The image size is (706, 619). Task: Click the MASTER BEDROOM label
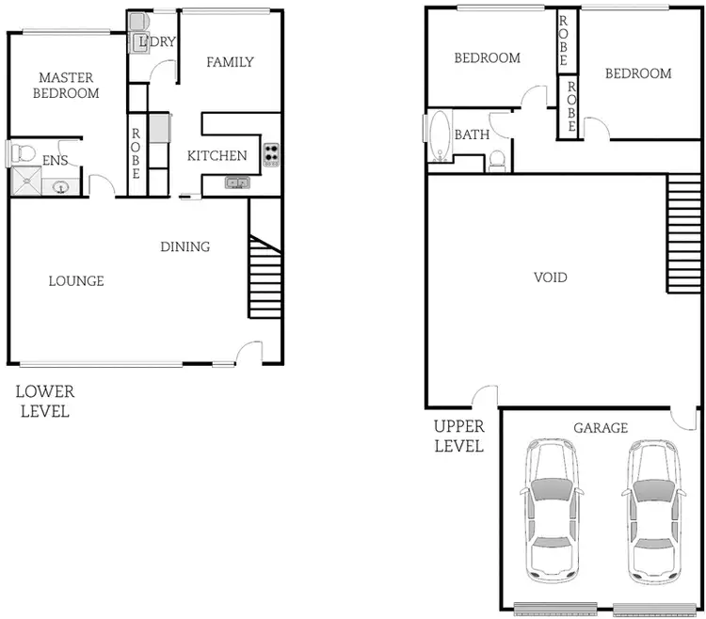pos(66,85)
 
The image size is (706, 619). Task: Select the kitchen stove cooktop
pos(271,155)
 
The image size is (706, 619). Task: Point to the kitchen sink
pos(236,183)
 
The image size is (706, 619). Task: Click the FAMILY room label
pos(230,63)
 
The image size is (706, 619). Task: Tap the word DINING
pos(185,247)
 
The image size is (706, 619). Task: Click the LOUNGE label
pos(76,281)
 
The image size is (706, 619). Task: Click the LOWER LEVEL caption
pos(43,401)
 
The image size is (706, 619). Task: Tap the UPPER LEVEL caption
pos(458,436)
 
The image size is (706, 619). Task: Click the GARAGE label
pos(601,428)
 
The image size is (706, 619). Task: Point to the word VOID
pos(550,278)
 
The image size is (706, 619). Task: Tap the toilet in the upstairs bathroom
pos(498,162)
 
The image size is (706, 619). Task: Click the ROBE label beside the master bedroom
pos(136,153)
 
